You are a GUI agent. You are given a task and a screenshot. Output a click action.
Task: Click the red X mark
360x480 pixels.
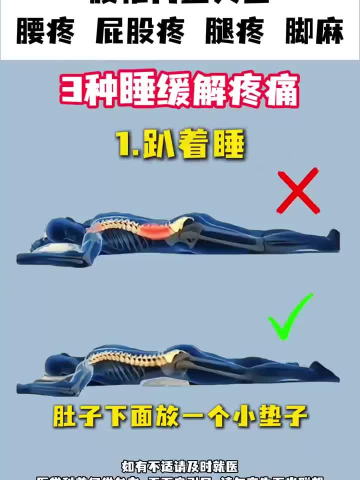[x=298, y=190]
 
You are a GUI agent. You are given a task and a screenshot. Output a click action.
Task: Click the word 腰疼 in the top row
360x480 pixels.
[x=45, y=32]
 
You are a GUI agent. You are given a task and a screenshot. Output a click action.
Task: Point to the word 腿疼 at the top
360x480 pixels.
[x=235, y=32]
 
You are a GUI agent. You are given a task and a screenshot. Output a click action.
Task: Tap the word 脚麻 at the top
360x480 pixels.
[x=314, y=32]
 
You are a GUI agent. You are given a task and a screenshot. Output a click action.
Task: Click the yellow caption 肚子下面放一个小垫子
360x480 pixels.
[x=180, y=415]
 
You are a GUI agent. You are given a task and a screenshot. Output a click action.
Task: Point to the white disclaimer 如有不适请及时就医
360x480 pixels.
[x=180, y=466]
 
